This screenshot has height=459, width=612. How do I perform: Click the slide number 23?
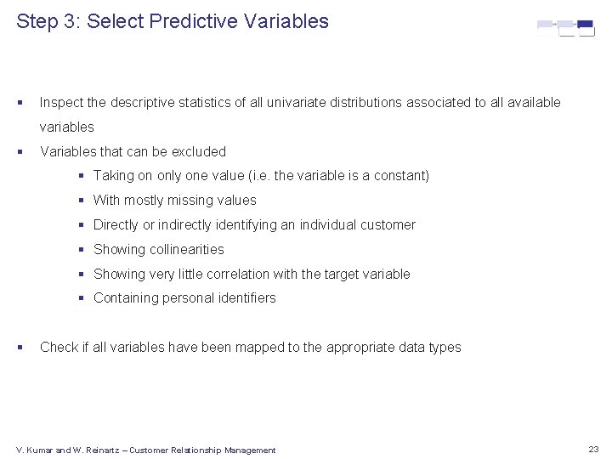(593, 449)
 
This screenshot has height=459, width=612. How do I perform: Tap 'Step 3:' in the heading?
(48, 21)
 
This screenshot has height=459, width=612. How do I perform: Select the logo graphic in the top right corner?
(565, 28)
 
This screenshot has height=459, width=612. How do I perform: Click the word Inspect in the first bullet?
(61, 103)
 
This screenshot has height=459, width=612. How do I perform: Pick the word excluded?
(199, 152)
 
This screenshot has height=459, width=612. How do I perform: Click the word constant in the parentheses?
(399, 176)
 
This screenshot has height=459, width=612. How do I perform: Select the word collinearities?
(186, 250)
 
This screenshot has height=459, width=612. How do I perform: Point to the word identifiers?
(246, 298)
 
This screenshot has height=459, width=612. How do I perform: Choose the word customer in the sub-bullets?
(388, 225)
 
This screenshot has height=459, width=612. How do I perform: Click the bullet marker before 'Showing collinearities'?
(82, 250)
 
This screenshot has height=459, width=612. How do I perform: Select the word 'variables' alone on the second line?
(67, 127)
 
